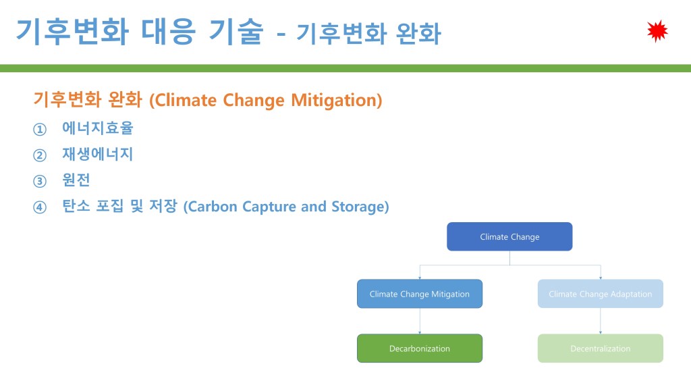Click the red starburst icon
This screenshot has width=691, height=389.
click(657, 31)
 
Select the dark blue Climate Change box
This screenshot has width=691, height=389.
click(509, 237)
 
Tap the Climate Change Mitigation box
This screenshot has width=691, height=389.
click(420, 294)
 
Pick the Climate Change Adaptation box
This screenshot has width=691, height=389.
click(600, 294)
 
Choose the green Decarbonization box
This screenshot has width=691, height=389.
click(420, 348)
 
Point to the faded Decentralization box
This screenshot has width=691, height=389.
click(600, 348)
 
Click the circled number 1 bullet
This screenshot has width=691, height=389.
click(40, 129)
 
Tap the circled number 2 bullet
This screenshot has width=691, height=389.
click(40, 155)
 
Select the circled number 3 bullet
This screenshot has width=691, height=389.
click(40, 181)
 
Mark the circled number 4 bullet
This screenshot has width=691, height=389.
click(40, 207)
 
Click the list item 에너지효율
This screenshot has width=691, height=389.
click(97, 128)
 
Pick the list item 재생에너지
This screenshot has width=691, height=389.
click(97, 154)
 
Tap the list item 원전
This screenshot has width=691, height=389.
click(76, 180)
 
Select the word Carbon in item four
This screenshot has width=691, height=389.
click(211, 207)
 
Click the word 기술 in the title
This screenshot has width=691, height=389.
click(236, 31)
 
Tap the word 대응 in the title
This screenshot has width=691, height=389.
click(168, 31)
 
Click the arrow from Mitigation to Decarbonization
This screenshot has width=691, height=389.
click(420, 321)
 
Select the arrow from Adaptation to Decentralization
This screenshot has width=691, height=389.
click(600, 321)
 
